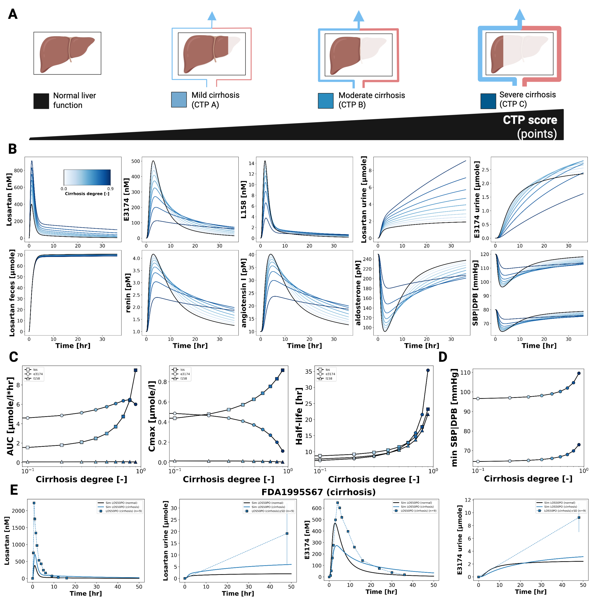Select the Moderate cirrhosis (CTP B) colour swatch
pos(326,101)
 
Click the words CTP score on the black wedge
pos(530,120)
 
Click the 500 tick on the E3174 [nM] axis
pos(136,161)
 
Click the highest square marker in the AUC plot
pos(135,370)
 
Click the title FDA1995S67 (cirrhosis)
pos(318,492)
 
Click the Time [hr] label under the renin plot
pos(190,346)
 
